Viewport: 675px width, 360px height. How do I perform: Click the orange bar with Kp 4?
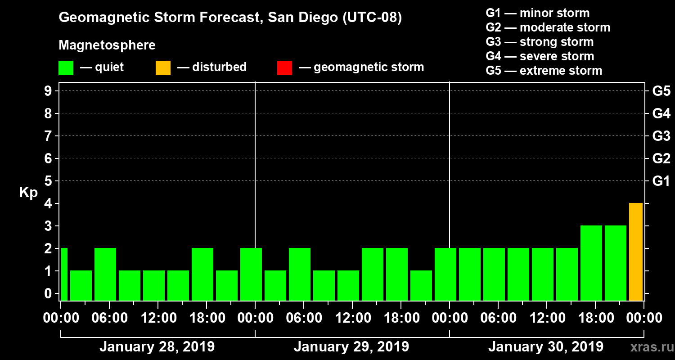tap(635, 252)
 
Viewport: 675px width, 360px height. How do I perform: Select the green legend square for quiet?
tap(66, 68)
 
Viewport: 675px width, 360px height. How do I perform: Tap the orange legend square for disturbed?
tap(163, 68)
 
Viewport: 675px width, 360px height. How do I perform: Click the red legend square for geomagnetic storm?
tap(284, 68)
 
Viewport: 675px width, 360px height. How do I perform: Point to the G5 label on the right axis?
tap(661, 91)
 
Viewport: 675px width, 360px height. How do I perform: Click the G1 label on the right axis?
tap(661, 181)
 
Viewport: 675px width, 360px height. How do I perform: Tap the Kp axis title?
tap(28, 193)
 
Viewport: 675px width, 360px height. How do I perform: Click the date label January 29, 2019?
tap(351, 347)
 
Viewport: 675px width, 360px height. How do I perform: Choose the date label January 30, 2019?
tap(545, 347)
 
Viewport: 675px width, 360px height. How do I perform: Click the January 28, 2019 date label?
tap(157, 347)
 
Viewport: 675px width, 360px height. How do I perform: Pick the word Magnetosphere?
tap(107, 45)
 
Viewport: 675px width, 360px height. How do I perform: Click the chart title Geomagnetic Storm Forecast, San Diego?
tap(230, 18)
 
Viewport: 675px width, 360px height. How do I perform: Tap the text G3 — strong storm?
tap(540, 42)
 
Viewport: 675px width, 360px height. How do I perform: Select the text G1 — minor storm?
tap(537, 13)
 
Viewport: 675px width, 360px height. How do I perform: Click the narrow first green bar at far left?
tap(64, 274)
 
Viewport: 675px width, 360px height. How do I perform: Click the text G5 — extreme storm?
tap(544, 71)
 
